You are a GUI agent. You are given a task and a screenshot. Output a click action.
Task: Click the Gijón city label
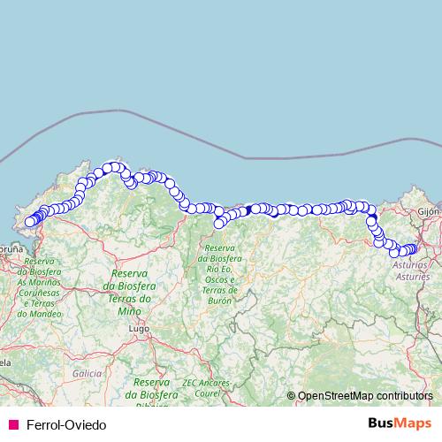click(428, 213)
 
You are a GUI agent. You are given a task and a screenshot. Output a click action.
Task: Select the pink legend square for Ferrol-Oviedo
click(11, 424)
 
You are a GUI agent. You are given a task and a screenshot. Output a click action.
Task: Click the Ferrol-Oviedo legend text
click(66, 424)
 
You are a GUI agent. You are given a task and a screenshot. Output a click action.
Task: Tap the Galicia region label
click(88, 374)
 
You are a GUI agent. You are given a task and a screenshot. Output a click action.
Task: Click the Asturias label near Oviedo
click(408, 264)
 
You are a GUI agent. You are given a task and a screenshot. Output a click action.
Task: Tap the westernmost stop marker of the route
click(28, 222)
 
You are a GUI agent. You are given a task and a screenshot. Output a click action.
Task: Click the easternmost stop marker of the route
click(413, 249)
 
